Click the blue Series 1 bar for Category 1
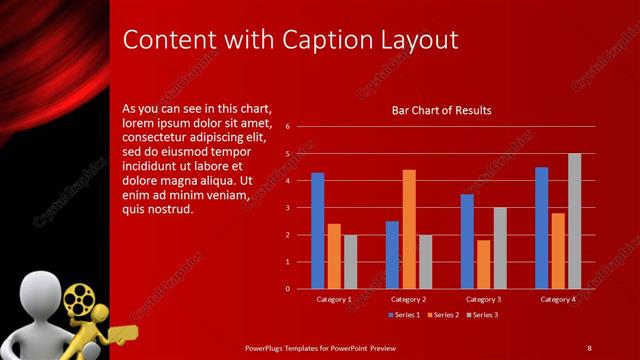coord(317,231)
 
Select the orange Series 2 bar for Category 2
coord(409,229)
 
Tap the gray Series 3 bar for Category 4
coord(574,221)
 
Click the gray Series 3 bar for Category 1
coord(350,262)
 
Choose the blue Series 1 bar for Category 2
coord(392,255)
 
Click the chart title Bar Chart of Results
coord(441,110)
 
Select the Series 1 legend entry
coord(404,315)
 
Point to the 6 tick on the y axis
coord(287,127)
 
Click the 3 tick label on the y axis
coord(287,208)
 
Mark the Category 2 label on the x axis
coord(408,299)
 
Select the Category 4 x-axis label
coord(558,299)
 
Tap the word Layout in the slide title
coord(417,40)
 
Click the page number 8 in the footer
coord(589,347)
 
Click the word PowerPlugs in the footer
coord(264,347)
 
